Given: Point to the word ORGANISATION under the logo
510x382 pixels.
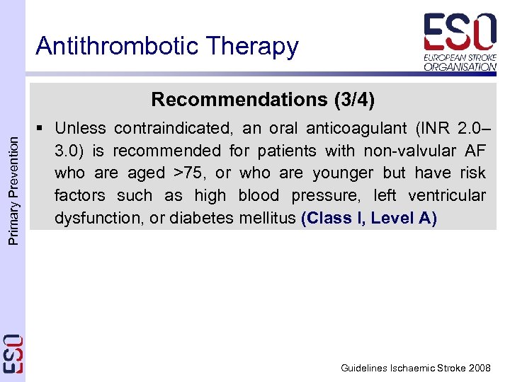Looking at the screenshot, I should (460, 67).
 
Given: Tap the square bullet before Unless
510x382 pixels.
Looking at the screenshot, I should (42, 128).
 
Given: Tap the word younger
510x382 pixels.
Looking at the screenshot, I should (345, 173).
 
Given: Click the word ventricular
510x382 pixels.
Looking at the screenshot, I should (448, 195).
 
